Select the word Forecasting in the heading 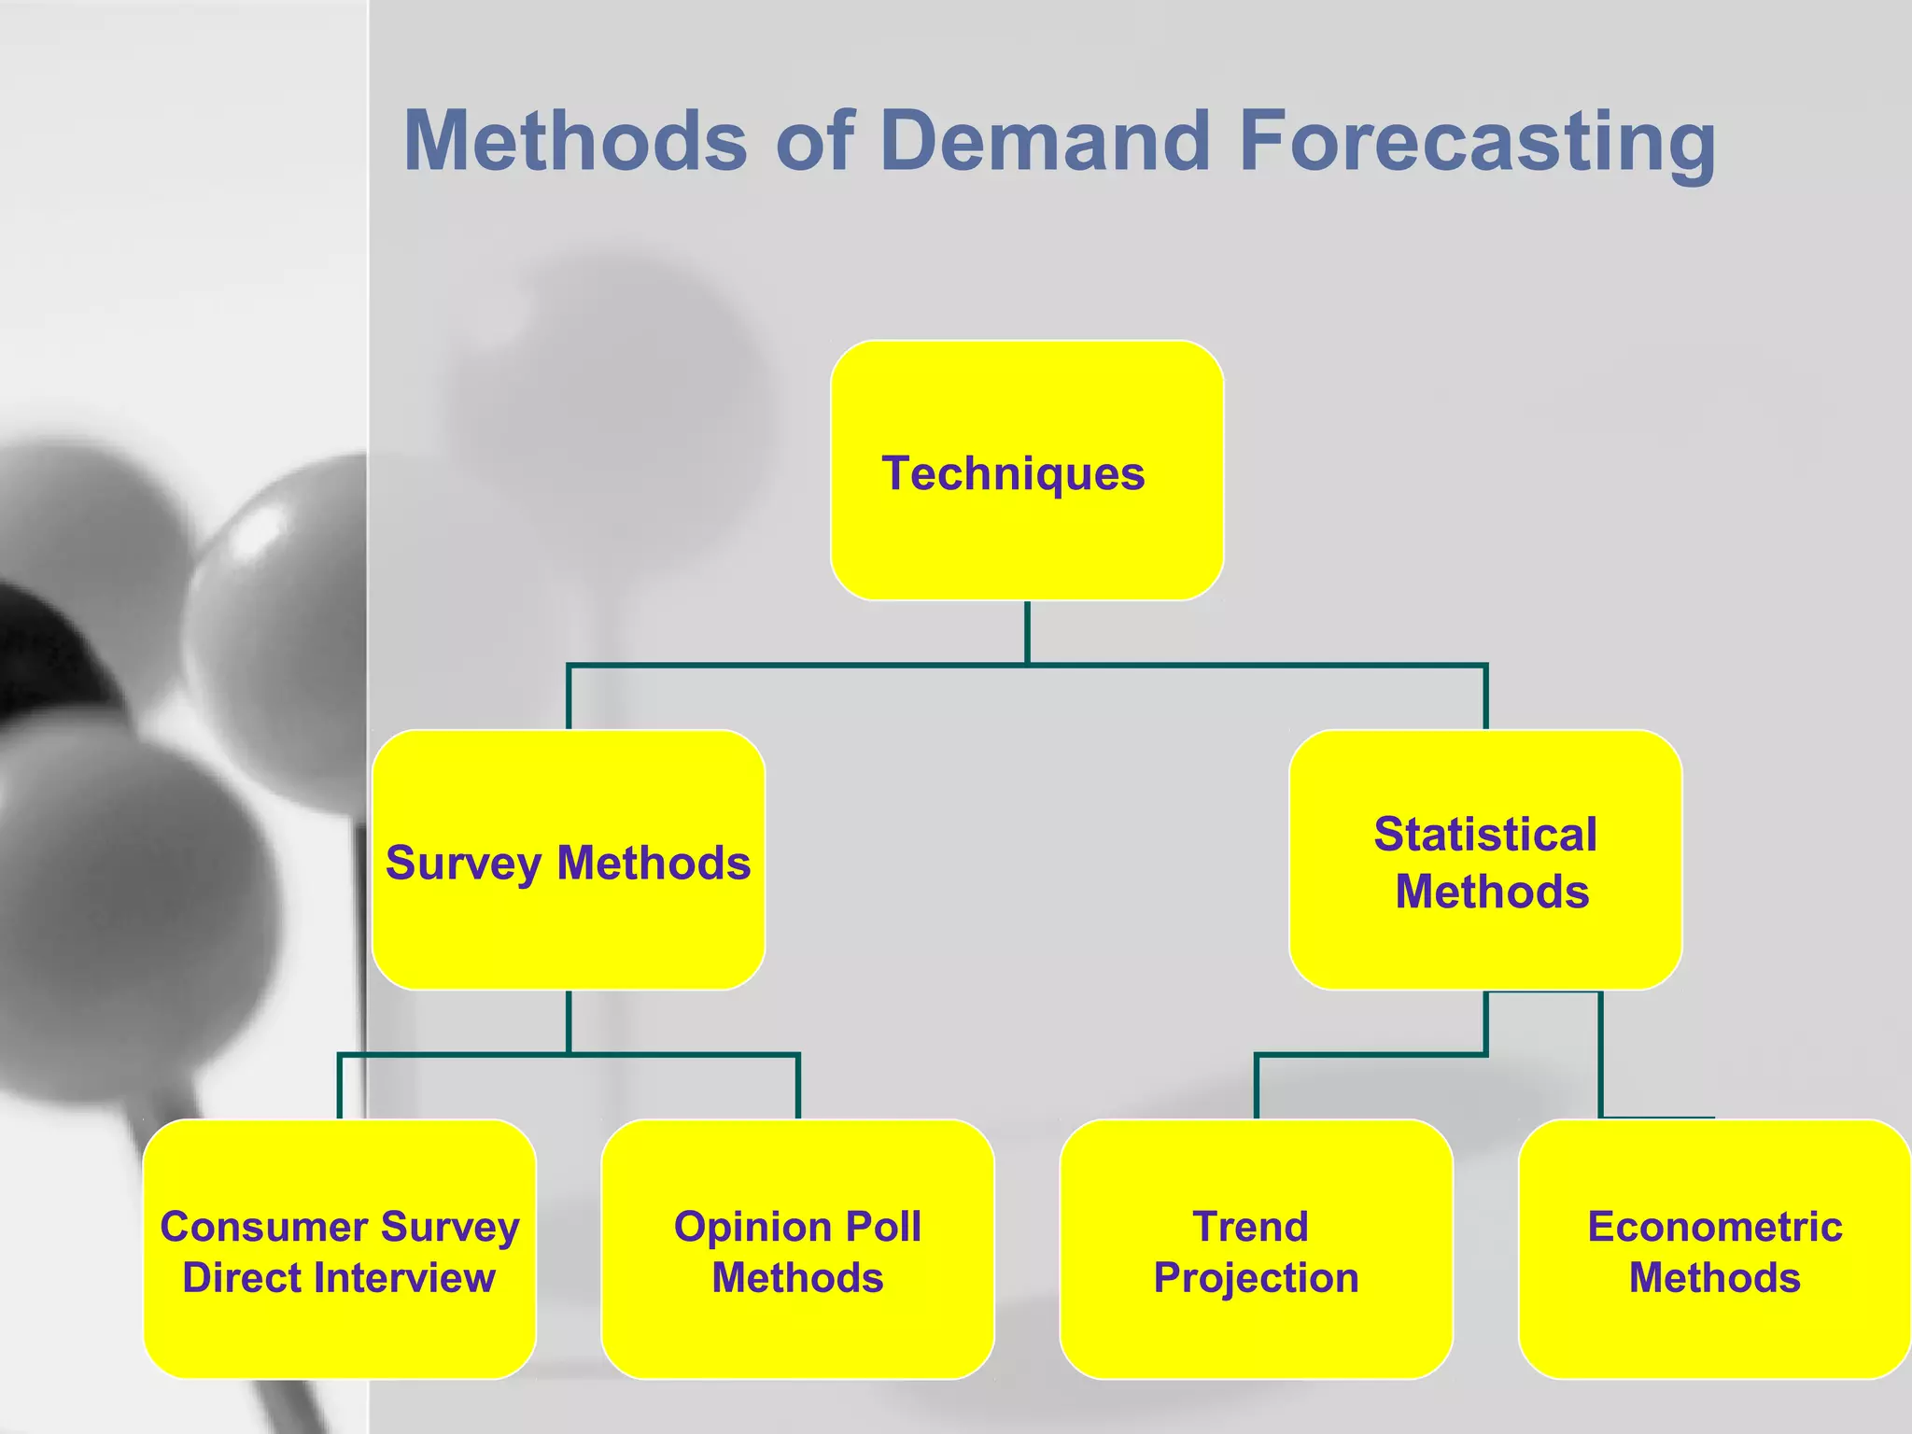tap(1477, 141)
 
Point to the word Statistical tap(1484, 834)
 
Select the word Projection tap(1256, 1277)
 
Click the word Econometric tap(1714, 1227)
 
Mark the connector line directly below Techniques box tap(1027, 632)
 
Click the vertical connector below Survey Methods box tap(568, 1021)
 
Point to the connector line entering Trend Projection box tap(1257, 1088)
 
